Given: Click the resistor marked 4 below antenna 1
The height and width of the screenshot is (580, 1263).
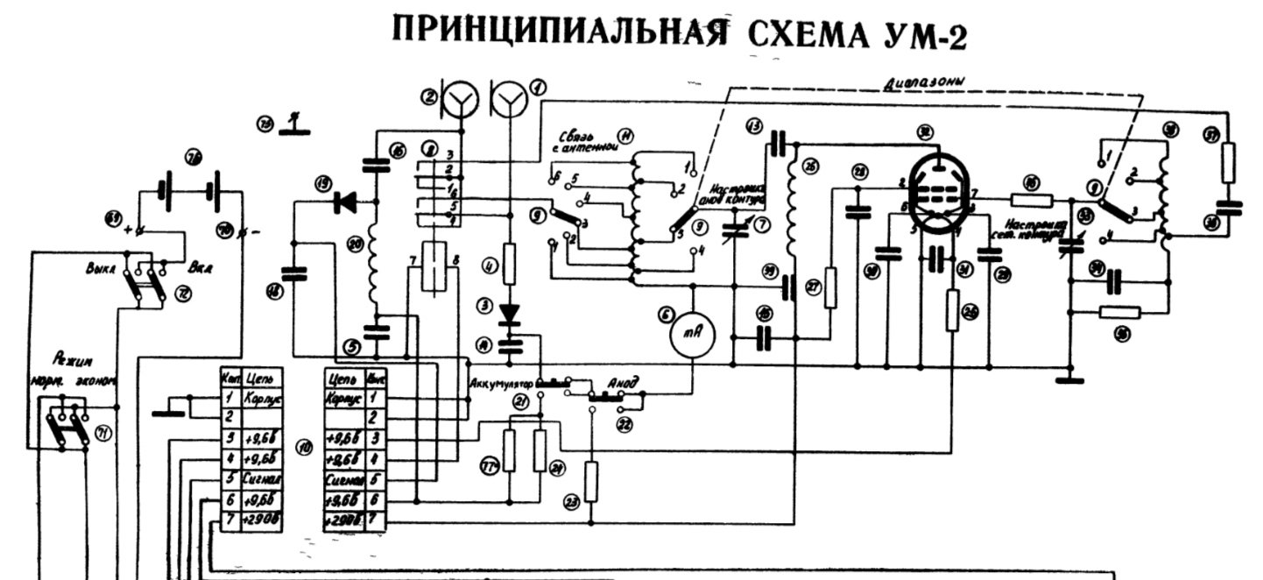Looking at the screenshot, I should pyautogui.click(x=511, y=262).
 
